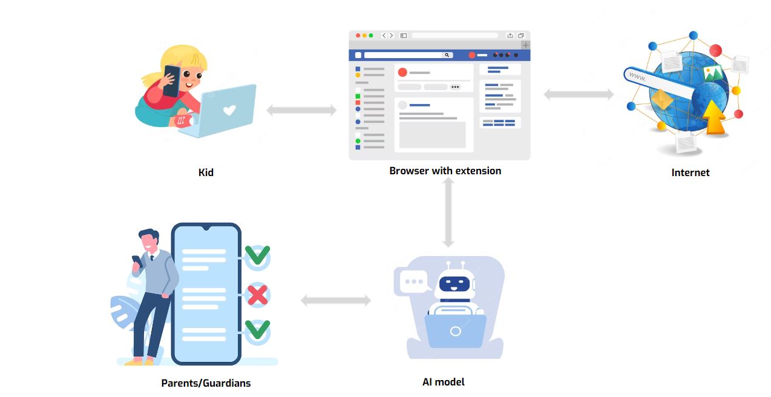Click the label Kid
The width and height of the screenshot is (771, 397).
point(206,172)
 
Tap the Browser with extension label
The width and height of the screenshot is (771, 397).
point(445,171)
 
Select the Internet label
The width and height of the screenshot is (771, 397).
point(690,172)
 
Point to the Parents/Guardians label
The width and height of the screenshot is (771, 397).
point(206,383)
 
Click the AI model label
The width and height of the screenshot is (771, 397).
point(444,382)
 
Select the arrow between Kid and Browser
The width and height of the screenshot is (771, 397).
point(301,110)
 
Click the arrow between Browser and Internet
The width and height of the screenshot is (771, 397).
point(579,94)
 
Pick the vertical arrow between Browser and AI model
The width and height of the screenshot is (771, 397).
point(448,212)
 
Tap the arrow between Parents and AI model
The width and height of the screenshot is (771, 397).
point(336,300)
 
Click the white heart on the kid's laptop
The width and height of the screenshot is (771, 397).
point(229,110)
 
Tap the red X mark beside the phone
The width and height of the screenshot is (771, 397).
point(258,295)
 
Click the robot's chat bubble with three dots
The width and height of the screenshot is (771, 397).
point(415,281)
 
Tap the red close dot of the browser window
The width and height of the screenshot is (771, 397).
point(358,36)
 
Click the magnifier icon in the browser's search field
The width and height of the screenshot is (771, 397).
point(447,55)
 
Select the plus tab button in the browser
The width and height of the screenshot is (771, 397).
point(525,45)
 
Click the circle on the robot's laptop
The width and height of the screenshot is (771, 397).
point(455,331)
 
